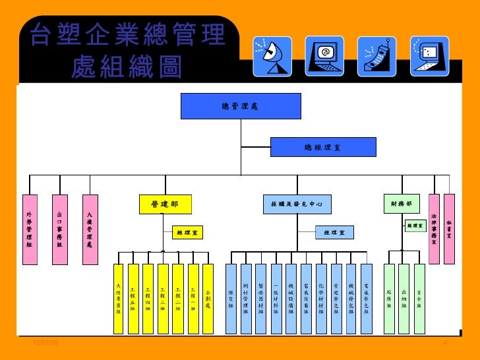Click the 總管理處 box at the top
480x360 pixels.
(241, 105)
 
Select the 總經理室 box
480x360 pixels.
(323, 147)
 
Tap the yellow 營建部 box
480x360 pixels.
(165, 204)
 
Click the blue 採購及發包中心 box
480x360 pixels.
(297, 204)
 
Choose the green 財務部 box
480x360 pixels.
(401, 204)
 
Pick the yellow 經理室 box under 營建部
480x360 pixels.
(189, 232)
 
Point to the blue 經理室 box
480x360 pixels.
(334, 232)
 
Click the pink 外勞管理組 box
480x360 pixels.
(29, 229)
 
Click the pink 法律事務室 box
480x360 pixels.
(433, 229)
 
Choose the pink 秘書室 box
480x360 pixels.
(449, 229)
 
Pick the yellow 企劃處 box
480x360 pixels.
(208, 298)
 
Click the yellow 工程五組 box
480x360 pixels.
(133, 298)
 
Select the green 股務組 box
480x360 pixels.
(389, 298)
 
